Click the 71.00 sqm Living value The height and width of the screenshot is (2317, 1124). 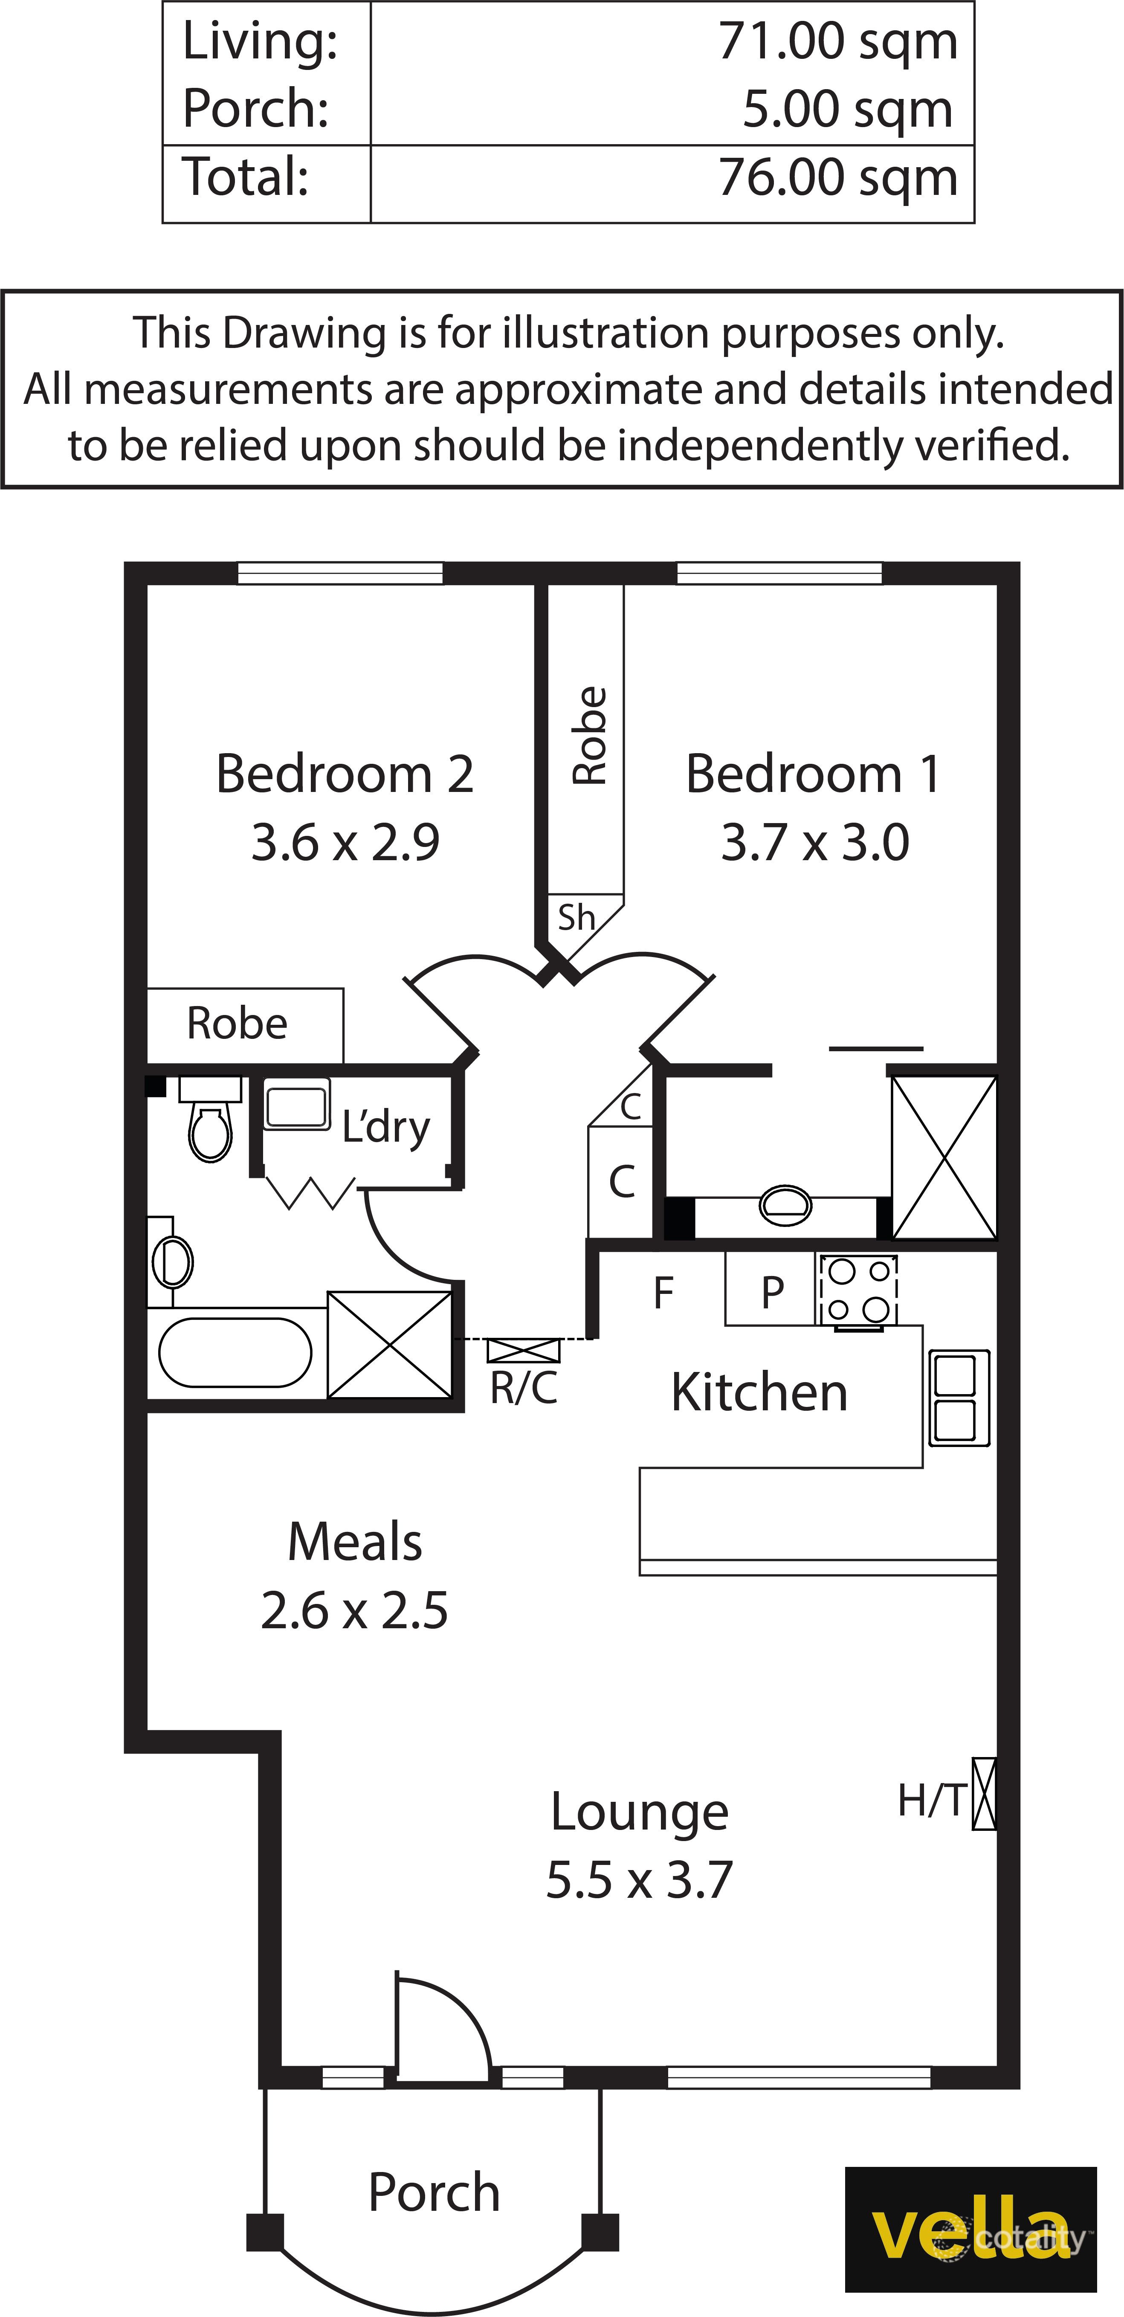[837, 41]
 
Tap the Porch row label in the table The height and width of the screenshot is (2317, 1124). [255, 109]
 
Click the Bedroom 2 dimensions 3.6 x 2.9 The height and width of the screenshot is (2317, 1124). [345, 843]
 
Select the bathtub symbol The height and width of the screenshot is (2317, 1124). [236, 1352]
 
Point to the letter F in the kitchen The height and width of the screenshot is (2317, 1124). [663, 1293]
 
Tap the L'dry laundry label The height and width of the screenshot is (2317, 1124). [386, 1127]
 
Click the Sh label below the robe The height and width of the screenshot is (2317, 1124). [576, 917]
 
